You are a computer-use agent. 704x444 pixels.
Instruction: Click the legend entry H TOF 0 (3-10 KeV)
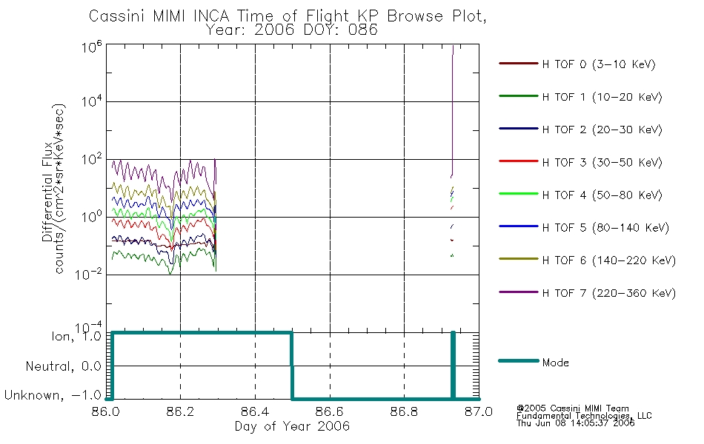coord(599,64)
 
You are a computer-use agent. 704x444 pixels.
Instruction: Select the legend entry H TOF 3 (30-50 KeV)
coord(602,162)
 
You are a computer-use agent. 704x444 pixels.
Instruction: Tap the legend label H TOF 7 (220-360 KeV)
coord(608,293)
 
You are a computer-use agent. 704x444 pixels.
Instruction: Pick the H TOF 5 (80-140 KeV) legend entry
coord(605,228)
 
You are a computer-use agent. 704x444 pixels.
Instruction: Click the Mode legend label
coord(555,363)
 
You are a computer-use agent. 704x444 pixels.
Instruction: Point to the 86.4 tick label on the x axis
coord(255,411)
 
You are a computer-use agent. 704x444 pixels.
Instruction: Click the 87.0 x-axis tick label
coord(479,411)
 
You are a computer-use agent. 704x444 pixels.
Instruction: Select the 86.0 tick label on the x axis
coord(106,411)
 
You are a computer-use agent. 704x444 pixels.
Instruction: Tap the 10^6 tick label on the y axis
coord(92,47)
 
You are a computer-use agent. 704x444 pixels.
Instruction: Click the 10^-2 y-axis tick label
coord(89,274)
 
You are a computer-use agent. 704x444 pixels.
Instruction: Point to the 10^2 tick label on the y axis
coord(92,159)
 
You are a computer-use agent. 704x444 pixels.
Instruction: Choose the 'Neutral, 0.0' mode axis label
coord(63,366)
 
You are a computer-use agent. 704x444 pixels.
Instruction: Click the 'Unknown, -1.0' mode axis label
coord(53,395)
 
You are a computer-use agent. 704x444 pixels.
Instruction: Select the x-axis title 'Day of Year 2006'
coord(292,426)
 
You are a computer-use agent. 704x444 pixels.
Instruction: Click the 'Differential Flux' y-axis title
coord(47,192)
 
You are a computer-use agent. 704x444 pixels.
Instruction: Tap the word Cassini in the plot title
coord(116,16)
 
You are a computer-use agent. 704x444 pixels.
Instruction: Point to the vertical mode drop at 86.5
coord(292,366)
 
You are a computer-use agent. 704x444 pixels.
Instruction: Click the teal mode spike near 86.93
coord(453,366)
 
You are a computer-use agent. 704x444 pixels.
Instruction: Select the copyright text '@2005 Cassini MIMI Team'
coord(572,408)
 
